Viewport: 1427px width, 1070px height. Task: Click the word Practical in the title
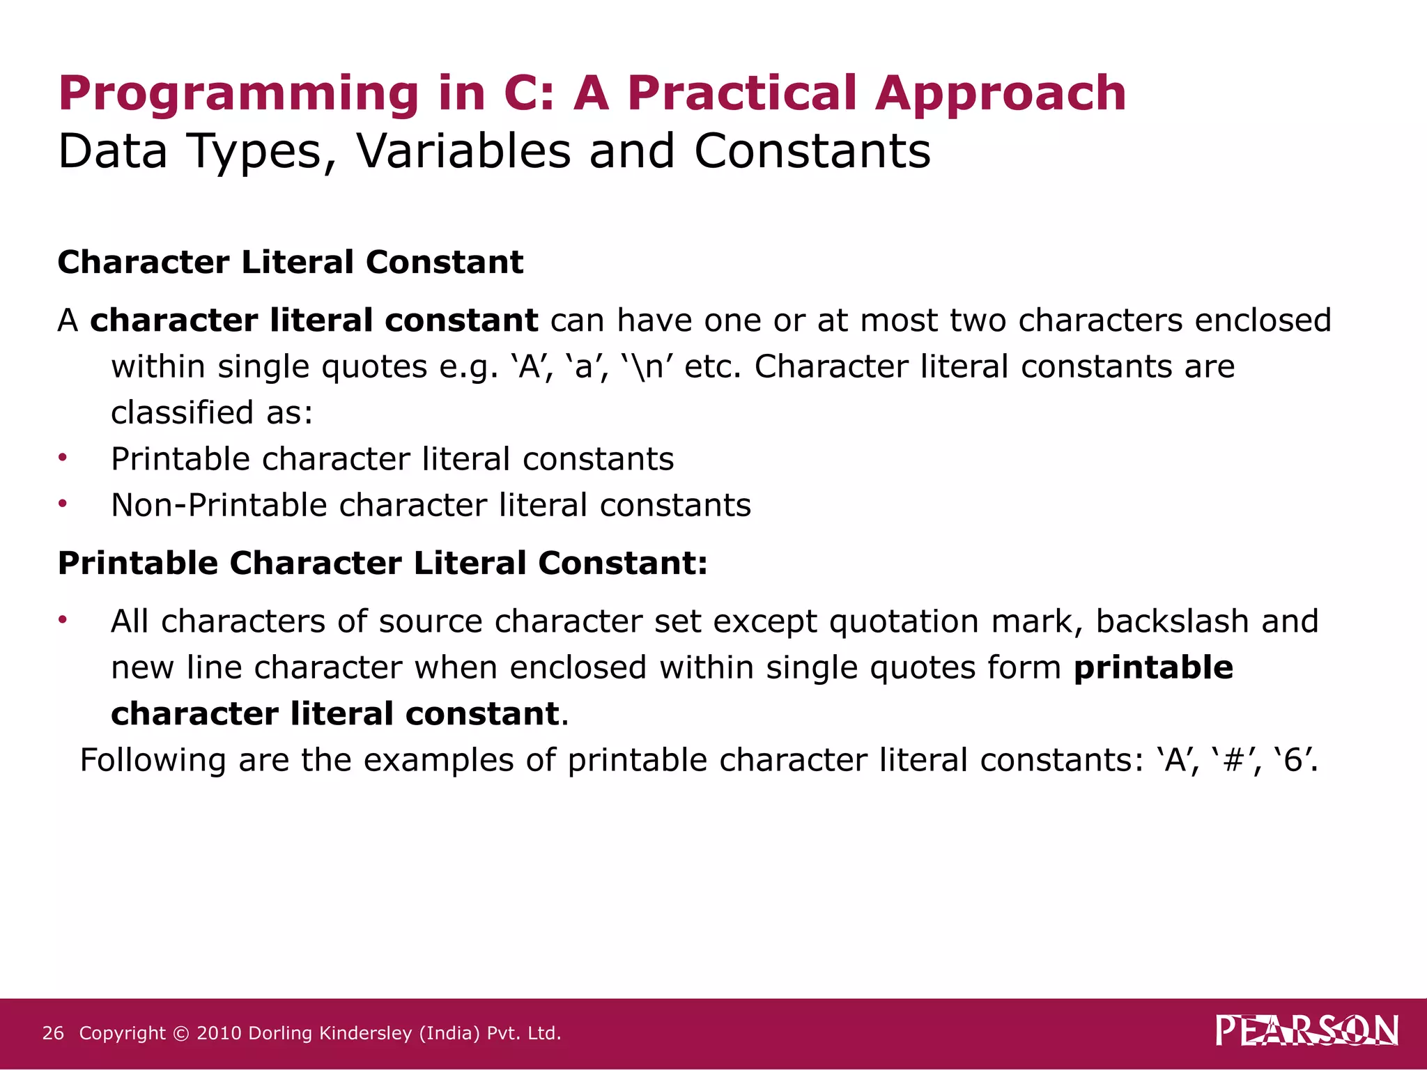click(x=742, y=93)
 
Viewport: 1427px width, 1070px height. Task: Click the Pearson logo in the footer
click(x=1306, y=1031)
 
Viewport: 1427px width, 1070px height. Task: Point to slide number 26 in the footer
click(x=53, y=1033)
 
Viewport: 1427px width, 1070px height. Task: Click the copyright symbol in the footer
click(x=180, y=1033)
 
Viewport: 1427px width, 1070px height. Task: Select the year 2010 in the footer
click(x=219, y=1033)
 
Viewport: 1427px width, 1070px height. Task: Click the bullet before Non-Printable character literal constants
click(x=63, y=504)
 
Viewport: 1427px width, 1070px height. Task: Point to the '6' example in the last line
click(x=1294, y=759)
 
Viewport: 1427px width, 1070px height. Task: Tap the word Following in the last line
click(x=153, y=760)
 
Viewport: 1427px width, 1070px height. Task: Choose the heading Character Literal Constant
click(x=290, y=263)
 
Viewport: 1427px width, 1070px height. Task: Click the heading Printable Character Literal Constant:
click(x=383, y=563)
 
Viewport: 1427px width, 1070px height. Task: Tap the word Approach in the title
click(x=1000, y=93)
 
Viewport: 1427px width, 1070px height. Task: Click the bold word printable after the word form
click(x=1153, y=667)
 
